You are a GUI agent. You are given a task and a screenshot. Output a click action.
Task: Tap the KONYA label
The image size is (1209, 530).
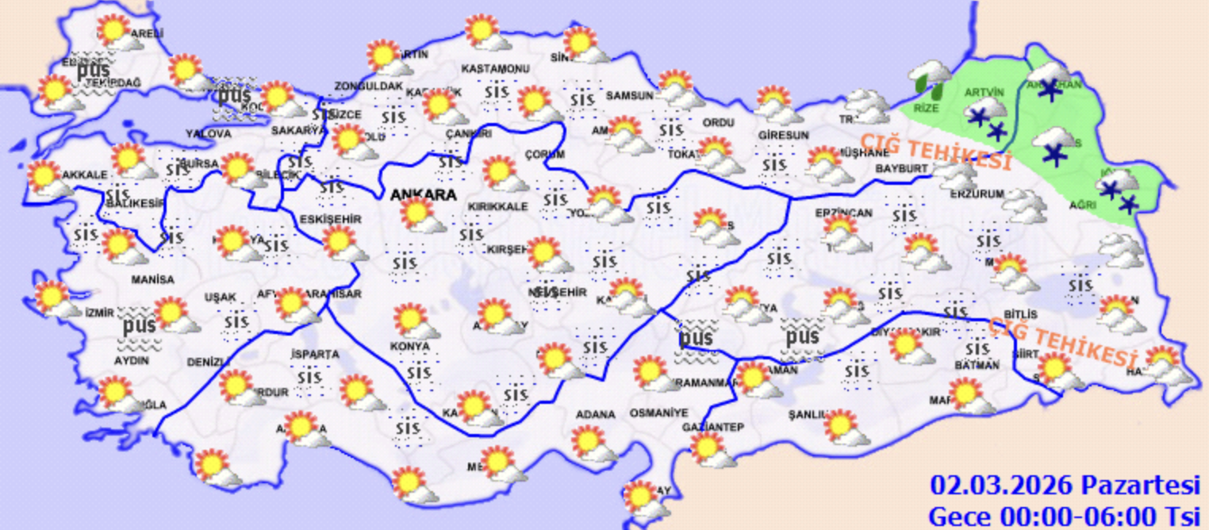[x=409, y=347]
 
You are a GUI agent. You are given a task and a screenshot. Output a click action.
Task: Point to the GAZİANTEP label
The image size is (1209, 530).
[x=712, y=428]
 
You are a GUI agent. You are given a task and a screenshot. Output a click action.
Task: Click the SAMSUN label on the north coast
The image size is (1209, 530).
[x=629, y=95]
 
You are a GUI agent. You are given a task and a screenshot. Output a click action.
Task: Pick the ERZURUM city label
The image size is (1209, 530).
[x=977, y=194]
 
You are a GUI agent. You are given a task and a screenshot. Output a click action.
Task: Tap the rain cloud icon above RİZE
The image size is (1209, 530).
[x=928, y=76]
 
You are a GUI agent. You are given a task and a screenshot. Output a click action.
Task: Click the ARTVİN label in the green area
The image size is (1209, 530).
[x=984, y=92]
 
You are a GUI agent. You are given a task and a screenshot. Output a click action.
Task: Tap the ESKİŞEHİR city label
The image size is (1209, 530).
[x=332, y=218]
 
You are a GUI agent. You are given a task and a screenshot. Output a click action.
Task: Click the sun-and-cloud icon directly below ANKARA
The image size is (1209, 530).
[x=420, y=215]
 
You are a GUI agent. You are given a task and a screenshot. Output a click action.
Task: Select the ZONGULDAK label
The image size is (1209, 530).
[x=368, y=86]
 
